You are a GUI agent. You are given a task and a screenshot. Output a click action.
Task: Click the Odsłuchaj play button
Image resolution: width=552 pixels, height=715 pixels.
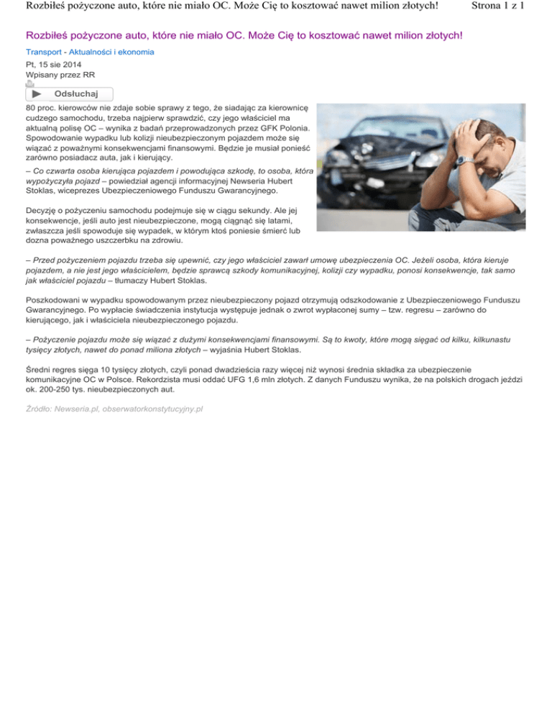[x=70, y=94]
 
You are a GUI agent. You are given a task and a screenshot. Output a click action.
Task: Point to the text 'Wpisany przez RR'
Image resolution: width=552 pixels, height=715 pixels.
[x=60, y=74]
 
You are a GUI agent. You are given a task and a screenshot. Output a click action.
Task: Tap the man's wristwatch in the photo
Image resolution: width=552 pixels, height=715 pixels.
[x=466, y=160]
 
